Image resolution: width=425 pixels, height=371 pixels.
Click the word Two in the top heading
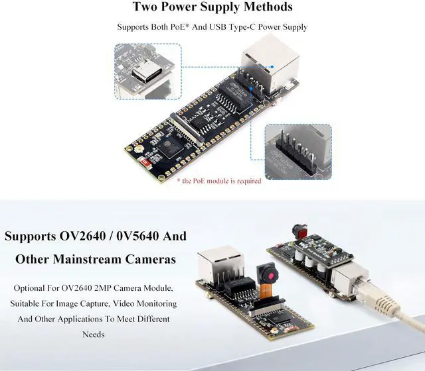[x=147, y=7]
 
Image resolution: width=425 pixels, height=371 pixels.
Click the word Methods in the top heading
[x=266, y=7]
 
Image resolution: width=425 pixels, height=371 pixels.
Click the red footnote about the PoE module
[x=223, y=180]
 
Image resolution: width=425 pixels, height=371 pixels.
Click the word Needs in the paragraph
[x=93, y=335]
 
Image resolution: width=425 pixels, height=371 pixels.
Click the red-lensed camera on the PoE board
[x=301, y=231]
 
